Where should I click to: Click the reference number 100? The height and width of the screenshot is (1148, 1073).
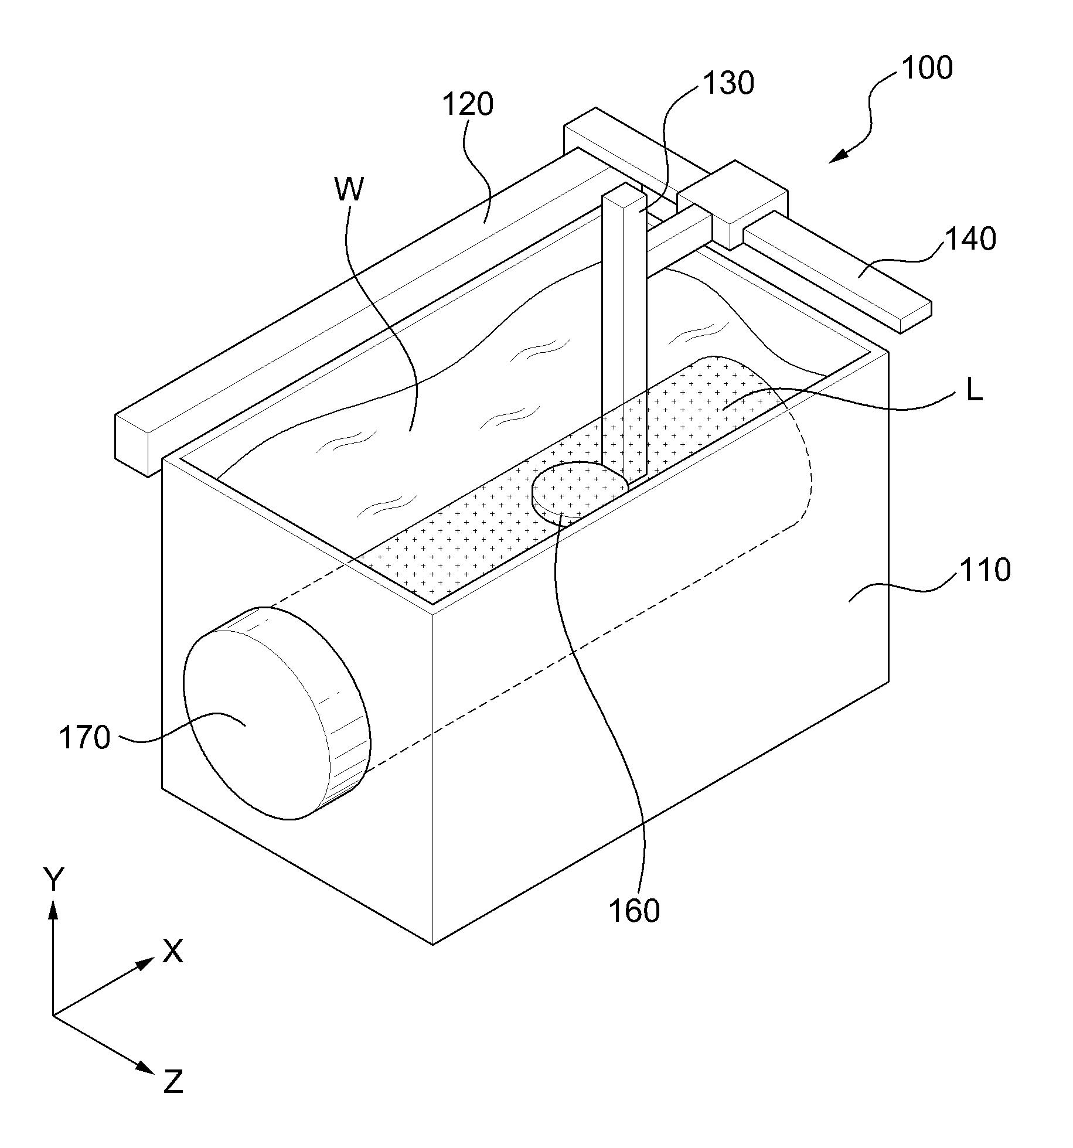[x=926, y=69]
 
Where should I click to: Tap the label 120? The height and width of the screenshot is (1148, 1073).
[x=467, y=105]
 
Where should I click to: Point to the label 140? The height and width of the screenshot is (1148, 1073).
[x=970, y=239]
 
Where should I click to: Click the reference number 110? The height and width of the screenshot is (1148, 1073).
[x=985, y=570]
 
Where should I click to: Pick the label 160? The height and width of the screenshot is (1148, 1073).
[x=634, y=911]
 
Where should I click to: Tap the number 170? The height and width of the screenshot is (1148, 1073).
[x=84, y=737]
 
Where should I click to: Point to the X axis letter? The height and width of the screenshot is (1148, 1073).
[x=172, y=951]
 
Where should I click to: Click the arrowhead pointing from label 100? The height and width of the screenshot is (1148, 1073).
[x=839, y=156]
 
